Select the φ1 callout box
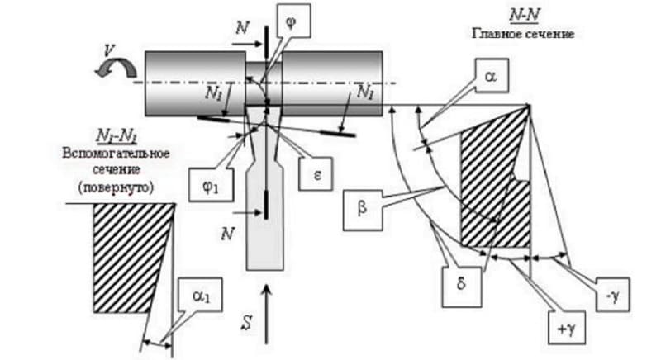(211, 185)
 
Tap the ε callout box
(316, 174)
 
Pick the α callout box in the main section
(491, 76)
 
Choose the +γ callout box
(567, 328)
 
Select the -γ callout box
(612, 294)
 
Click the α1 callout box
(200, 295)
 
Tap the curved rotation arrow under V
(116, 69)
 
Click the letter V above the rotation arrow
(109, 50)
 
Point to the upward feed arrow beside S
(266, 315)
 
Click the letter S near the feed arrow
(246, 322)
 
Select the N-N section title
(524, 15)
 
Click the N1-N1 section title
(117, 136)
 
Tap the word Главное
(495, 33)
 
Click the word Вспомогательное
(116, 153)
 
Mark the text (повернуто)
(116, 187)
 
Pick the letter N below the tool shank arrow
(228, 234)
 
